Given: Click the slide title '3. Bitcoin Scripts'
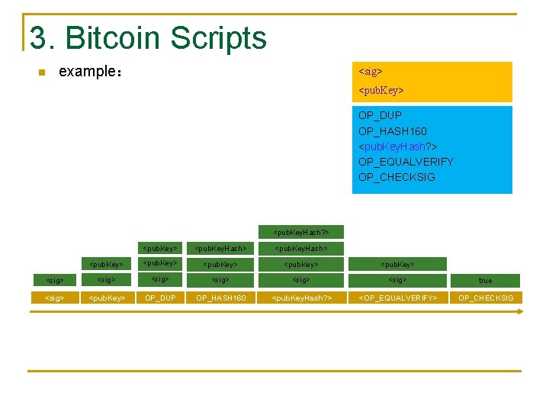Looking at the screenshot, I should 148,38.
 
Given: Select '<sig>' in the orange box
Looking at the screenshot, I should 371,72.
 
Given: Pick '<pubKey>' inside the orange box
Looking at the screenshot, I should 381,91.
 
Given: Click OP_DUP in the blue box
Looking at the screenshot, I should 380,115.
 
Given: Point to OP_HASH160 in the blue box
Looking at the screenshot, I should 393,131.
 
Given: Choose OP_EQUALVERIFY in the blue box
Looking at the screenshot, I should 406,162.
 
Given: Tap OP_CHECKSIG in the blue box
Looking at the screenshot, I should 396,177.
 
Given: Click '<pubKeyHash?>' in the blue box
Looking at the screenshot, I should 398,146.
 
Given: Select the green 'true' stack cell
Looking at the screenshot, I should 486,281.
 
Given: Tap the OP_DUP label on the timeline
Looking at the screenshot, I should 160,298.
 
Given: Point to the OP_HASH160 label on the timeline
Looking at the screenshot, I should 221,298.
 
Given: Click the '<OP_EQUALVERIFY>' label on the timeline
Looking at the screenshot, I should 398,298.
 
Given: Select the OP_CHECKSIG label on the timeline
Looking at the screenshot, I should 486,298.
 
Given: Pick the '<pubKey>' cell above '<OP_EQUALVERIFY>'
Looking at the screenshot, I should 398,265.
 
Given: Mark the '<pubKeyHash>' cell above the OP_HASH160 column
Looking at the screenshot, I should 221,248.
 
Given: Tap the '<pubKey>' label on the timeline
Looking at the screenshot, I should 107,298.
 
